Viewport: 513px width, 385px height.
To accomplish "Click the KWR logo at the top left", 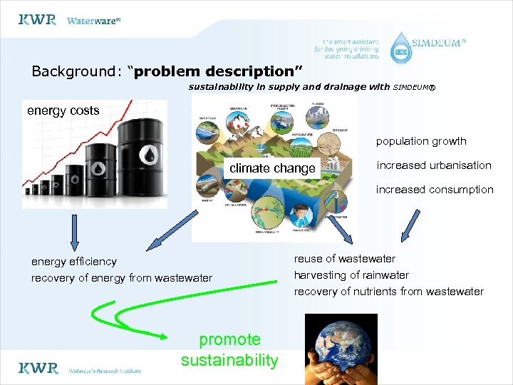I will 37,20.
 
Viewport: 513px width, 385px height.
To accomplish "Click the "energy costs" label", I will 63,111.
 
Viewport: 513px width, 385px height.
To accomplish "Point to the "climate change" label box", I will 272,168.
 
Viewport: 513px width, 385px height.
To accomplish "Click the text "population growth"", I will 421,141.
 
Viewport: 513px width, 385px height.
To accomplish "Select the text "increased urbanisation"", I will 434,165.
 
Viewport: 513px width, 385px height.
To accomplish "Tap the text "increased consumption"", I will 435,190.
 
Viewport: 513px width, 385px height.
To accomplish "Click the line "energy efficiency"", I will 74,262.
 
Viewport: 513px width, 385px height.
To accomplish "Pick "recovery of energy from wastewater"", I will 122,278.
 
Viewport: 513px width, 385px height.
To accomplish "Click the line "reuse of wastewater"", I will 345,259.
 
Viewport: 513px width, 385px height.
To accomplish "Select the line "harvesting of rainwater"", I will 351,275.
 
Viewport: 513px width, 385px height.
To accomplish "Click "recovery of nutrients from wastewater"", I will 389,292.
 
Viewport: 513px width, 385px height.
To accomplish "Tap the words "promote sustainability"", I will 229,350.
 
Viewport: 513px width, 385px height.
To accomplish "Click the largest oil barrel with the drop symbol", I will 145,160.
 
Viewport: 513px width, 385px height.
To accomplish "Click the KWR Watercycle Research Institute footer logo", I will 80,369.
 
